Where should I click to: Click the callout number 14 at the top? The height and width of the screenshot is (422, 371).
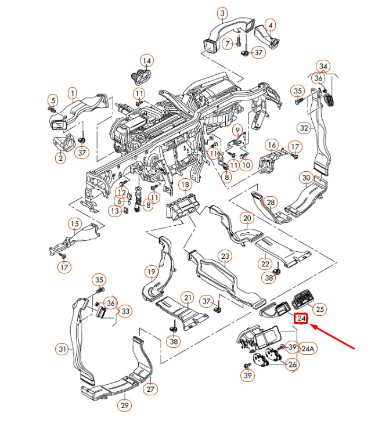[146, 60]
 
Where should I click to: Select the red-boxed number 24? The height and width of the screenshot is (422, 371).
[301, 319]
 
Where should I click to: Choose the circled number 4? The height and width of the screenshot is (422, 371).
[270, 25]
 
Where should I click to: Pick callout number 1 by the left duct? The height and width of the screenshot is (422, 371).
[72, 92]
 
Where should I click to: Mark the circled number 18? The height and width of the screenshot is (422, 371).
[185, 185]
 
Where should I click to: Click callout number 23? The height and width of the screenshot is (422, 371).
[225, 256]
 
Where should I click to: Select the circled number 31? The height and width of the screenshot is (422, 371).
[63, 349]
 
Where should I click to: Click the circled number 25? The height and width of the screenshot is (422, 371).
[320, 309]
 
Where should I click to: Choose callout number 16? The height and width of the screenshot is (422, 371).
[271, 144]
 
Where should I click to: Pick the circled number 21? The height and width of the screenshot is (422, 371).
[187, 297]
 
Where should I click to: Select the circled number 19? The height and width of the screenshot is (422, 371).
[151, 271]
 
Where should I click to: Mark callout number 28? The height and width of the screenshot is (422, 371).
[270, 202]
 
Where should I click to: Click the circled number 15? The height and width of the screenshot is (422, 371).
[74, 223]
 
